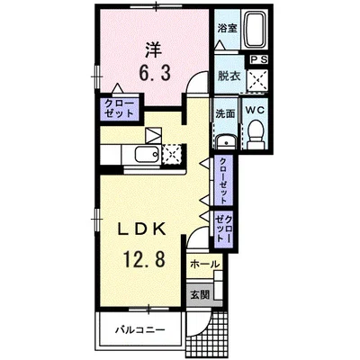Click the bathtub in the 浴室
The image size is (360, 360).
[x=255, y=30]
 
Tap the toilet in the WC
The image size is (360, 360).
[x=256, y=134]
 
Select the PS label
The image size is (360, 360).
[x=257, y=59]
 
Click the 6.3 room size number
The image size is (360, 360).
[x=155, y=73]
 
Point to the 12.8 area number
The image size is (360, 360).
[x=144, y=259]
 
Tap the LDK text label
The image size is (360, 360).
[x=141, y=229]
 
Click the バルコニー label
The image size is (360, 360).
[x=140, y=330]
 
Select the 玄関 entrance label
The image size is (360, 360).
[x=200, y=295]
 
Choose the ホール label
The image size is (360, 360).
[x=205, y=265]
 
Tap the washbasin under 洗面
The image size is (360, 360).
[x=226, y=142]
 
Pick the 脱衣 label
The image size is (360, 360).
[x=229, y=76]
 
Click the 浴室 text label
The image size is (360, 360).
[x=228, y=29]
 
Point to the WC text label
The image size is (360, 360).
[x=255, y=110]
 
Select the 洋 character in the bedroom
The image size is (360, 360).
[x=154, y=50]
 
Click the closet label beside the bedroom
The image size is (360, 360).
[x=119, y=108]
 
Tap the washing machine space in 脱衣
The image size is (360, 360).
[x=257, y=81]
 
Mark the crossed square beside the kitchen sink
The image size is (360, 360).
[x=172, y=154]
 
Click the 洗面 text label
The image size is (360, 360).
[x=225, y=113]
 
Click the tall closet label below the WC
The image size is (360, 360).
[x=223, y=180]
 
